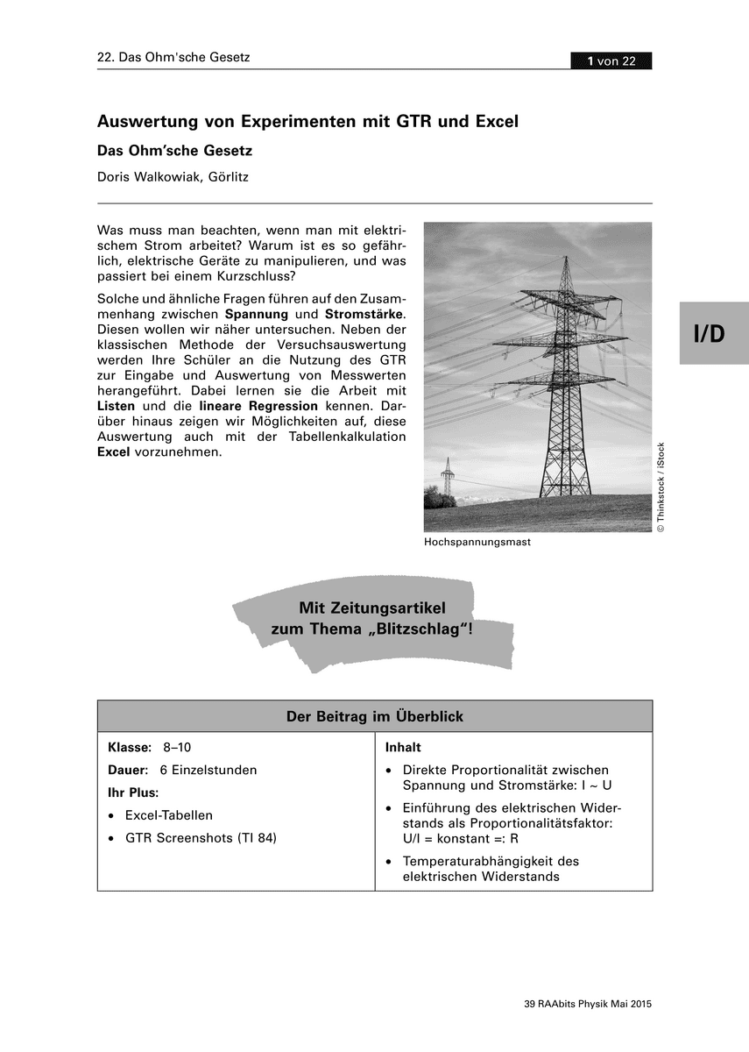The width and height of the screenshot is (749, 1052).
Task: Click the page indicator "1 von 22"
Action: [611, 60]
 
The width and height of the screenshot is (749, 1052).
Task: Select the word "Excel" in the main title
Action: [496, 122]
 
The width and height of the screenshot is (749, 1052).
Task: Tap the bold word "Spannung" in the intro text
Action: [257, 314]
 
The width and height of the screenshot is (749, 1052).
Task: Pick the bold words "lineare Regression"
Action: [258, 407]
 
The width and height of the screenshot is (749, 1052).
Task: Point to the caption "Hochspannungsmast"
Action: [477, 543]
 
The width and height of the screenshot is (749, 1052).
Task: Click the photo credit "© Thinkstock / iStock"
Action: [661, 487]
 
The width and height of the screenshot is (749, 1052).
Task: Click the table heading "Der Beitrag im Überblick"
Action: [375, 716]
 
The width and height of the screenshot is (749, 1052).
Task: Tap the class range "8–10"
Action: [177, 748]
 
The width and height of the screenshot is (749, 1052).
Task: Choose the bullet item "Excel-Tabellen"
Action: [168, 815]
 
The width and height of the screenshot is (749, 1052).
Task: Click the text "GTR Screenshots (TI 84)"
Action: [201, 838]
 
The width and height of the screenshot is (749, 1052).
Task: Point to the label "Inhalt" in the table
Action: [403, 748]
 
